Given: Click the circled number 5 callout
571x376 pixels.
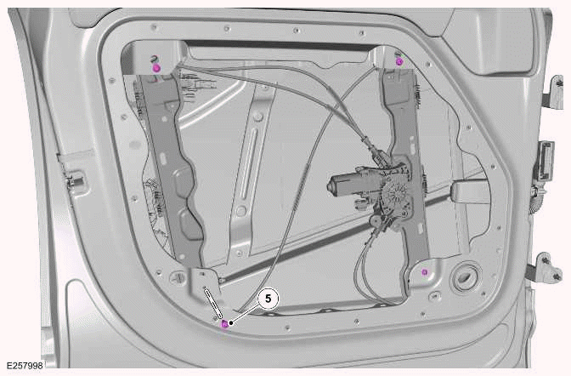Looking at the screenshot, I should point(268,299).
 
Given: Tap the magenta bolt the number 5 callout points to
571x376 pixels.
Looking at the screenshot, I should point(224,323).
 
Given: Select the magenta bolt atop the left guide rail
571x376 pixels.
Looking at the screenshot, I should point(155,66).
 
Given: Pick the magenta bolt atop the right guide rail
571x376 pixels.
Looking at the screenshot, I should point(399,60).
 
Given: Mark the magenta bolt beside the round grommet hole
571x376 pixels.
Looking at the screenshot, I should point(424,271).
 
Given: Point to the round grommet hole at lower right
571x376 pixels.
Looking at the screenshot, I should point(466,278).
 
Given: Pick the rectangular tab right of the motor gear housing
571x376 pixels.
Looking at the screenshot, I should point(470,193).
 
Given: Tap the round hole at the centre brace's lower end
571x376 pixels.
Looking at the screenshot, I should point(241,211).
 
